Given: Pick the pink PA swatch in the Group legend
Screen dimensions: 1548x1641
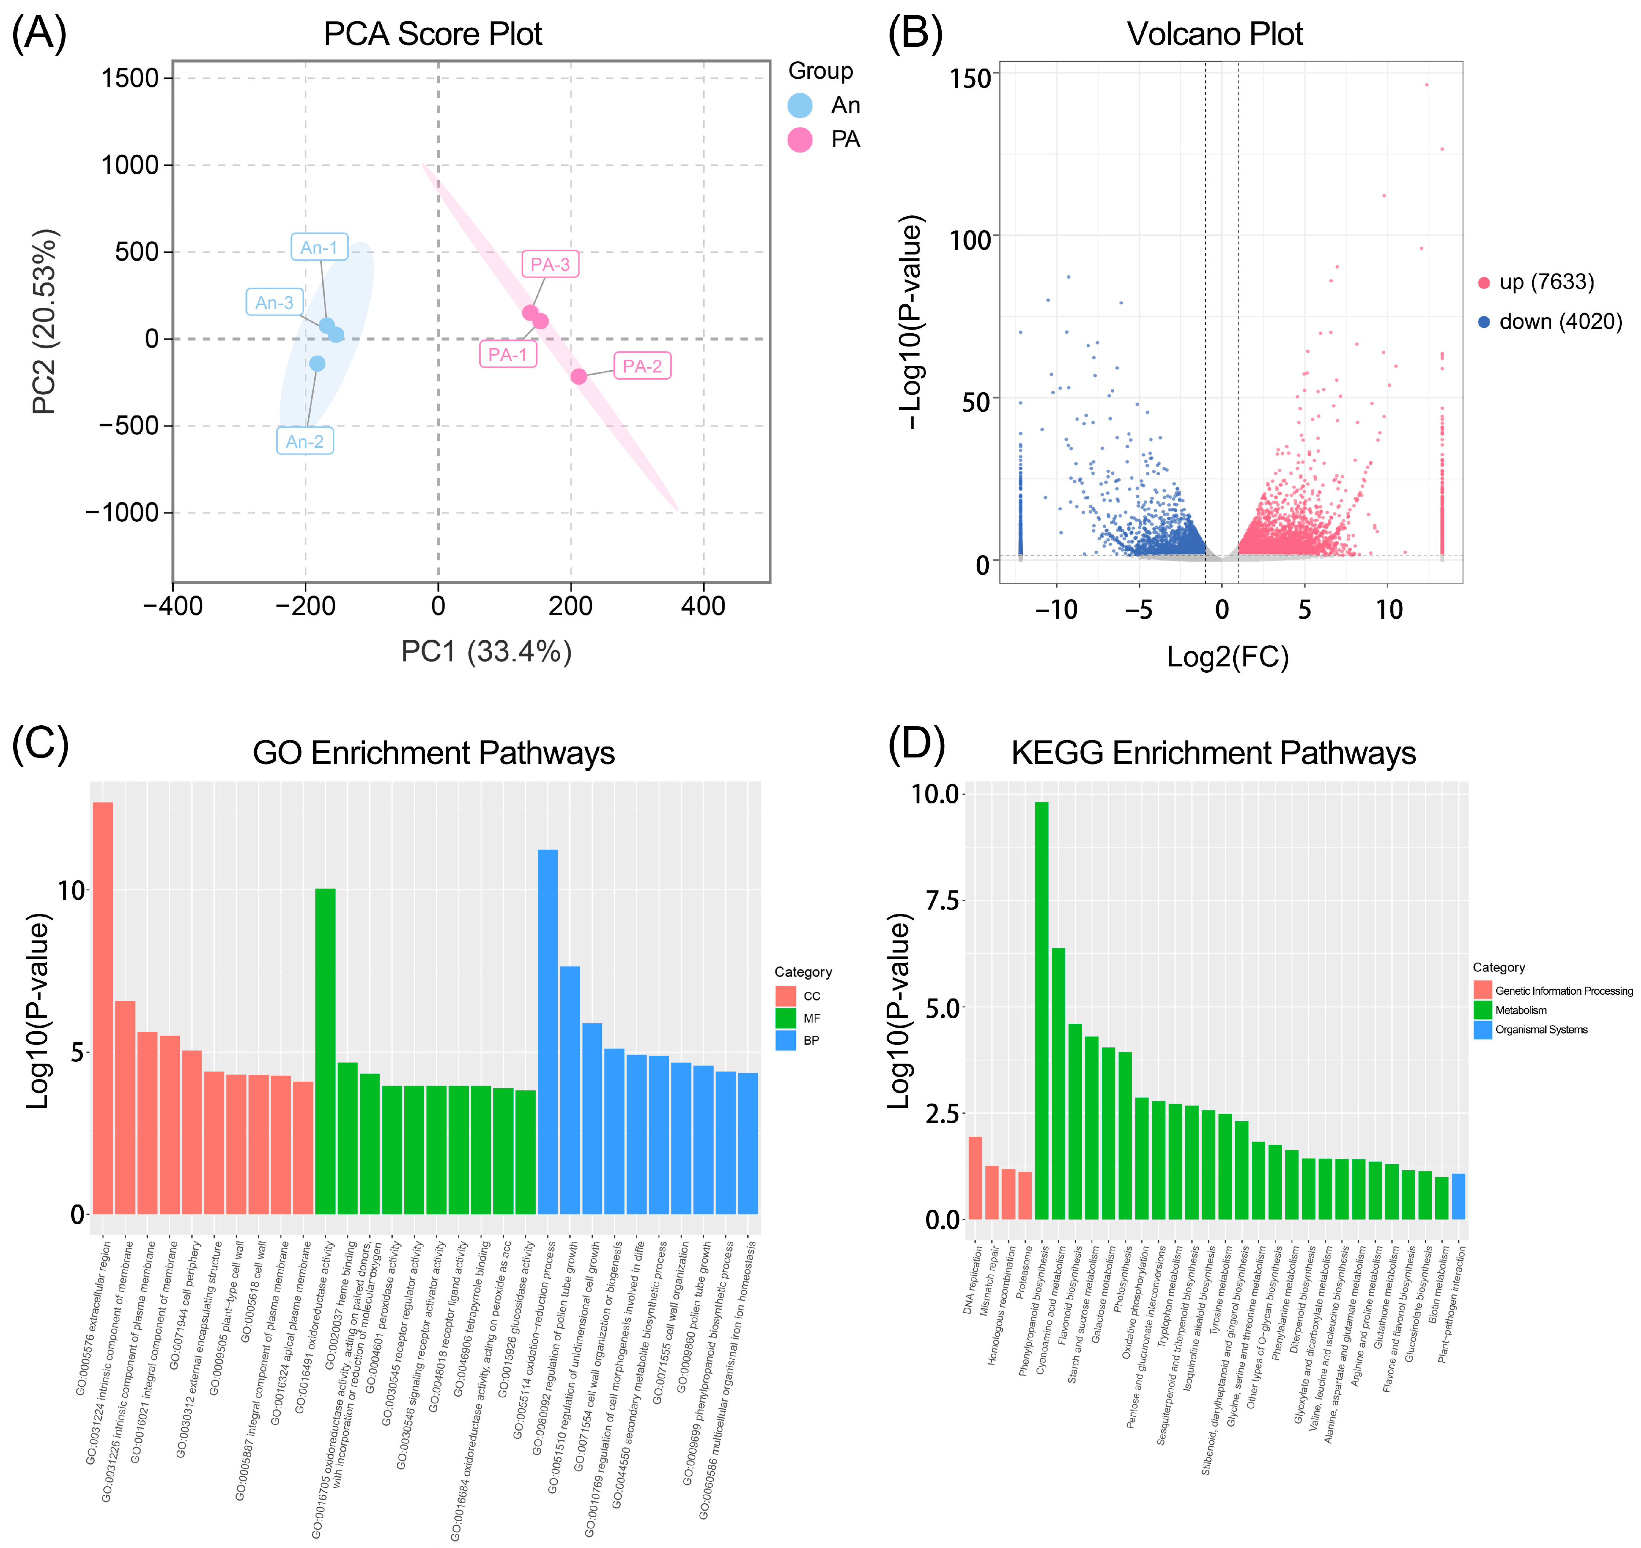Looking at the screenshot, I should pos(800,139).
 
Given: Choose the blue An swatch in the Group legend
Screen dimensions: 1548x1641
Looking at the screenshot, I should pos(800,105).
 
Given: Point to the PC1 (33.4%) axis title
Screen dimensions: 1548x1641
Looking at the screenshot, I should pos(486,652).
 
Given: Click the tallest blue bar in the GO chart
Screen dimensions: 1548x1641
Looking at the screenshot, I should pos(547,1032).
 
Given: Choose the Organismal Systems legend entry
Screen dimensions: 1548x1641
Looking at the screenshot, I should pos(1540,1030).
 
